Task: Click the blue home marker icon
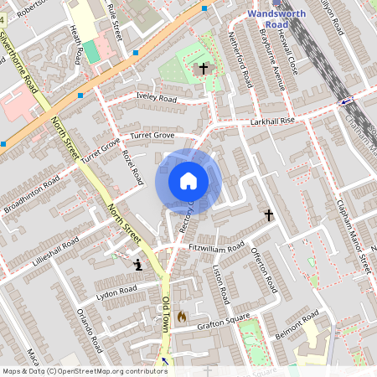point(188,180)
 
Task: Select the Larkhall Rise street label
point(273,121)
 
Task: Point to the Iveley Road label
point(156,99)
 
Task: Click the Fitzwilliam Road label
point(216,246)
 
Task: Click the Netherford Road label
point(241,60)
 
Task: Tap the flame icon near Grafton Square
point(181,317)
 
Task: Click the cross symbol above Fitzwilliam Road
point(269,215)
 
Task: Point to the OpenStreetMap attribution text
point(85,370)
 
